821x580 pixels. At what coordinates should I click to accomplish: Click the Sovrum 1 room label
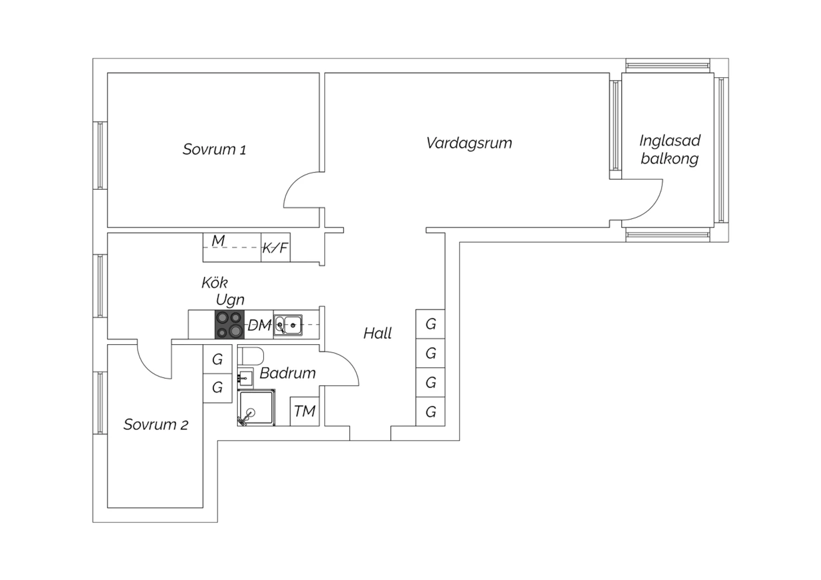point(214,149)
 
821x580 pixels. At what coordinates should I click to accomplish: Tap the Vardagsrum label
point(469,143)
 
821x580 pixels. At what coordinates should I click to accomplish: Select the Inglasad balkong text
point(669,149)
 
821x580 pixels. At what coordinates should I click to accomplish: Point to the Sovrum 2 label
point(155,425)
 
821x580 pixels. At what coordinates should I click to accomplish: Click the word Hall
point(378,333)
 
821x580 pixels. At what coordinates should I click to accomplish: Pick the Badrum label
point(287,373)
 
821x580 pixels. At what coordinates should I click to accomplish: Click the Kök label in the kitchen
point(215,283)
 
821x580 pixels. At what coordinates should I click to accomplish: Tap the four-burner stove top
point(229,324)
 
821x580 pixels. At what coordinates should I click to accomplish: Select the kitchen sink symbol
point(288,324)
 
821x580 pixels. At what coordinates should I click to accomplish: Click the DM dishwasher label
point(259,326)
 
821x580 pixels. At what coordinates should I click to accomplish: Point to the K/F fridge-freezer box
point(275,248)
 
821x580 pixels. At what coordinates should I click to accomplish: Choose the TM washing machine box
point(304,411)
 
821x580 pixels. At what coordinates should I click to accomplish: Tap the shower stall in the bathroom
point(256,408)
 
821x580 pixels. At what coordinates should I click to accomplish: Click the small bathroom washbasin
point(245,378)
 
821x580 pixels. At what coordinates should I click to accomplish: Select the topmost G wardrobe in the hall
point(430,324)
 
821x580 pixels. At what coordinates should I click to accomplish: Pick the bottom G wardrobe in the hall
point(430,411)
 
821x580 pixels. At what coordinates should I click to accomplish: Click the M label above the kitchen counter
point(218,241)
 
